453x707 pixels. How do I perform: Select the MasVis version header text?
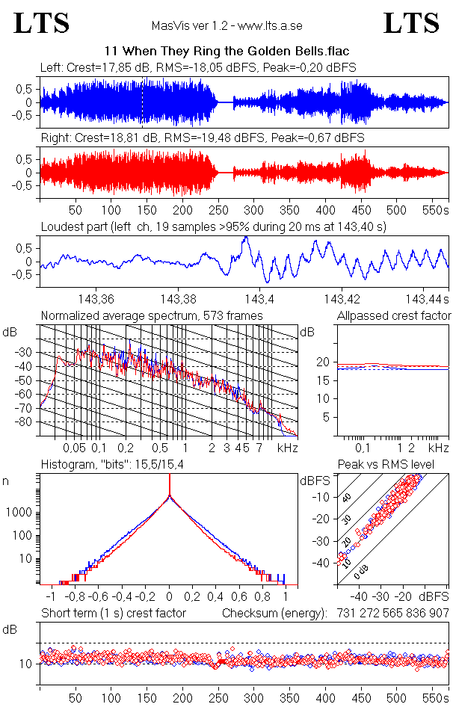226,26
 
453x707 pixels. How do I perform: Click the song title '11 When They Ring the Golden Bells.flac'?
226,52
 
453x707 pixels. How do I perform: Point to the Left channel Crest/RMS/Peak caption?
198,67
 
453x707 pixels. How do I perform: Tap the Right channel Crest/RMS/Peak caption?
202,138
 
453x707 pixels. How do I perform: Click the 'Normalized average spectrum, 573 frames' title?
152,316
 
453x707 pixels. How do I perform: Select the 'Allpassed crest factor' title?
394,316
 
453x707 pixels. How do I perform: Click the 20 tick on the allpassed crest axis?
324,362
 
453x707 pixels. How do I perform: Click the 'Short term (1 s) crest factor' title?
114,614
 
